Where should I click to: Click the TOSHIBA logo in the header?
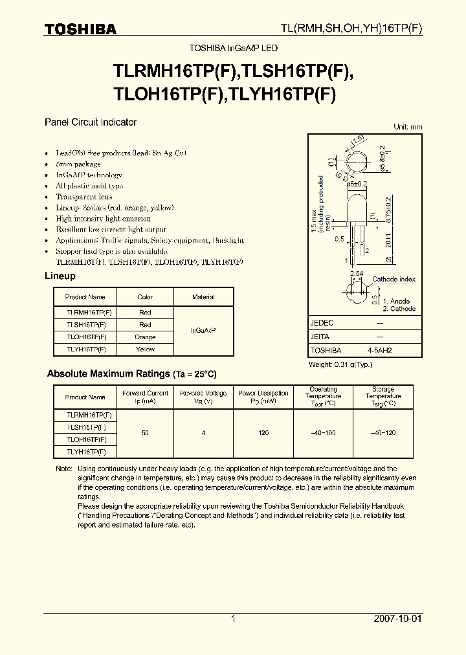[x=80, y=29]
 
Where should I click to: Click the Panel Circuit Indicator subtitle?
[x=90, y=122]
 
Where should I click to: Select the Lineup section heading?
[x=60, y=276]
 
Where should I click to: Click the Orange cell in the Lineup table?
[x=145, y=337]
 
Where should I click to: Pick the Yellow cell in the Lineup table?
[x=145, y=350]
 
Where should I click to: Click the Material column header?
[x=203, y=297]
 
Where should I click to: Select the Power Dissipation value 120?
[x=263, y=432]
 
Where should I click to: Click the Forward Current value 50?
[x=145, y=432]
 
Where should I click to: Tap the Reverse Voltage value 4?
[x=204, y=432]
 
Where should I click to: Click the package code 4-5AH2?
[x=380, y=350]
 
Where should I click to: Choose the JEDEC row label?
[x=322, y=322]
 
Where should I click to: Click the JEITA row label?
[x=320, y=337]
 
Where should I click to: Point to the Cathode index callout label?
[x=394, y=279]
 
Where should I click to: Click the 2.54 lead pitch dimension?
[x=356, y=274]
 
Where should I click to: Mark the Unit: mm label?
[x=408, y=127]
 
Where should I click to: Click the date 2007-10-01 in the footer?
[x=397, y=619]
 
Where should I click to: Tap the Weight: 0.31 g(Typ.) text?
[x=341, y=365]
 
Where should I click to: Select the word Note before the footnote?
[x=63, y=469]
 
